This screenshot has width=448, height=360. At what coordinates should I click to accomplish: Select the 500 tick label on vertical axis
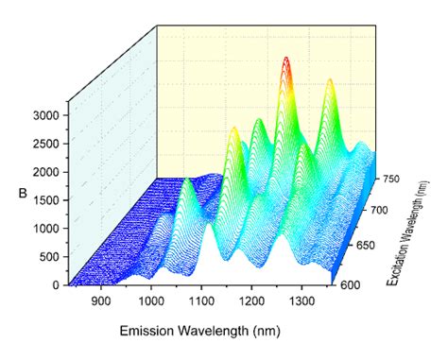coord(48,256)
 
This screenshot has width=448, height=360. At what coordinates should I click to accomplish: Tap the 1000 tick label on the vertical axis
coord(45,228)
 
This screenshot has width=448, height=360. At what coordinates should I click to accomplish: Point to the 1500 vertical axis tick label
coord(45,199)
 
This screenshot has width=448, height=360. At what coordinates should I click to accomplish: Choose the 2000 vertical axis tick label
coord(45,171)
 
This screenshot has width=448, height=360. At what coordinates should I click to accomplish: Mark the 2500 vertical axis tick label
coord(45,143)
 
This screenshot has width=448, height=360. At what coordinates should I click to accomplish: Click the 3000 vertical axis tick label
coord(45,114)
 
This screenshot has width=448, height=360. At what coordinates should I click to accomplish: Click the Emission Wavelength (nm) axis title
coord(199,333)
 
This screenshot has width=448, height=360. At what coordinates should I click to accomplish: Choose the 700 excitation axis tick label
coord(378,212)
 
